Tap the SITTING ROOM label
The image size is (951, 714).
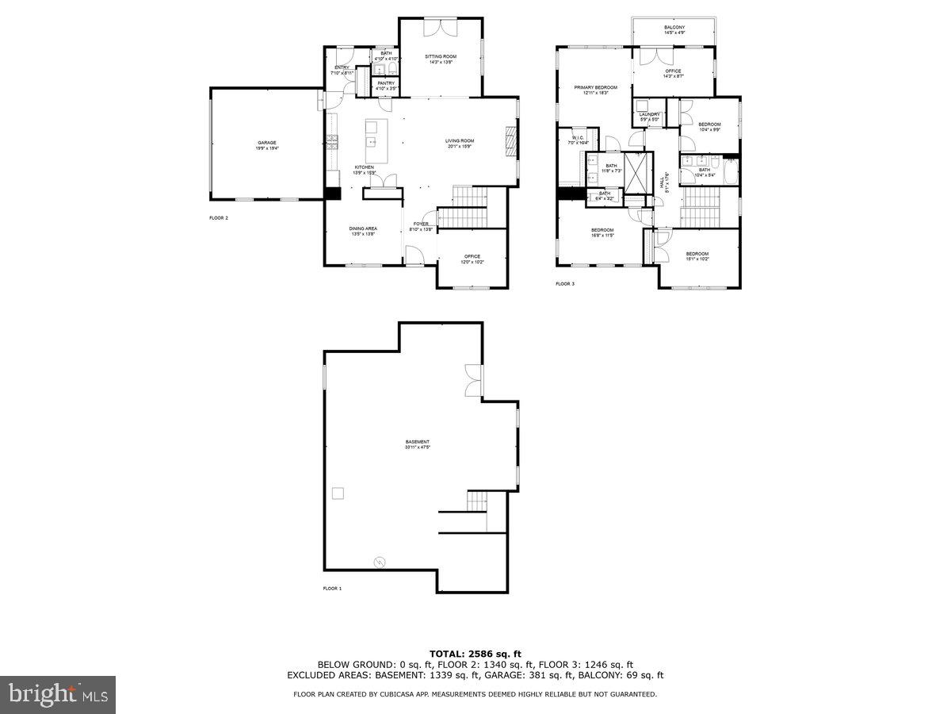click(x=441, y=56)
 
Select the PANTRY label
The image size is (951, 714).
click(x=386, y=83)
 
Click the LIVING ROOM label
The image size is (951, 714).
click(x=460, y=141)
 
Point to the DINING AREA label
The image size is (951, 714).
click(x=362, y=229)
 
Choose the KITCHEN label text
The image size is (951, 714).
click(x=364, y=167)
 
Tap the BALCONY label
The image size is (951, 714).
click(x=674, y=28)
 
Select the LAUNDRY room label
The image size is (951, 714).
click(x=649, y=114)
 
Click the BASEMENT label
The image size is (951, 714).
click(x=417, y=442)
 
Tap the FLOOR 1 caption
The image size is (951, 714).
click(x=332, y=589)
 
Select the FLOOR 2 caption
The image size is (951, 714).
click(x=219, y=217)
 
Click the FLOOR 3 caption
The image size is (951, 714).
click(x=564, y=283)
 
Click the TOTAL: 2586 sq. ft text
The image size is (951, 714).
click(x=475, y=653)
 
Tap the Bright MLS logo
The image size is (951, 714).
click(x=57, y=694)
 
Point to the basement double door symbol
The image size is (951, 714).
click(x=472, y=380)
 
